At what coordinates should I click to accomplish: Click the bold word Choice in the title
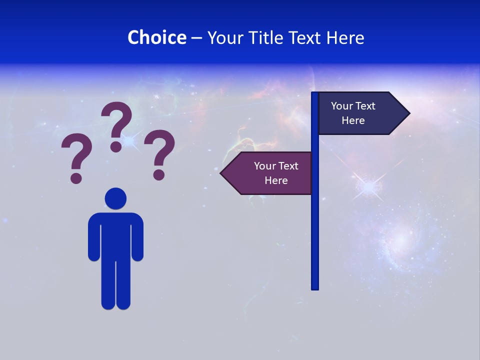pyautogui.click(x=156, y=37)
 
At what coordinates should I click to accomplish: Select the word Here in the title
pyautogui.click(x=345, y=37)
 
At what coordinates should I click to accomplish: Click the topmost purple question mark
pyautogui.click(x=117, y=125)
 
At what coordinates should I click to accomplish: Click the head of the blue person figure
pyautogui.click(x=115, y=198)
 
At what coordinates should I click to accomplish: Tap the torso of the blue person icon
pyautogui.click(x=115, y=235)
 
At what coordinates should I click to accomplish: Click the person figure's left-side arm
pyautogui.click(x=93, y=237)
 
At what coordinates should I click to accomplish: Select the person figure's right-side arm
pyautogui.click(x=138, y=237)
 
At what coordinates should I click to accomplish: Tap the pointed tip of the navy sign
pyautogui.click(x=407, y=113)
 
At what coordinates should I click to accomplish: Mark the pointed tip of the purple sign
pyautogui.click(x=222, y=173)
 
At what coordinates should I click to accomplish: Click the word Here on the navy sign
pyautogui.click(x=353, y=120)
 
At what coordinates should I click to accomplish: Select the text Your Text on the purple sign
pyautogui.click(x=276, y=166)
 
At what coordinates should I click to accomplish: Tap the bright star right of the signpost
pyautogui.click(x=369, y=187)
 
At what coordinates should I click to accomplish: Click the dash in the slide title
pyautogui.click(x=196, y=38)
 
